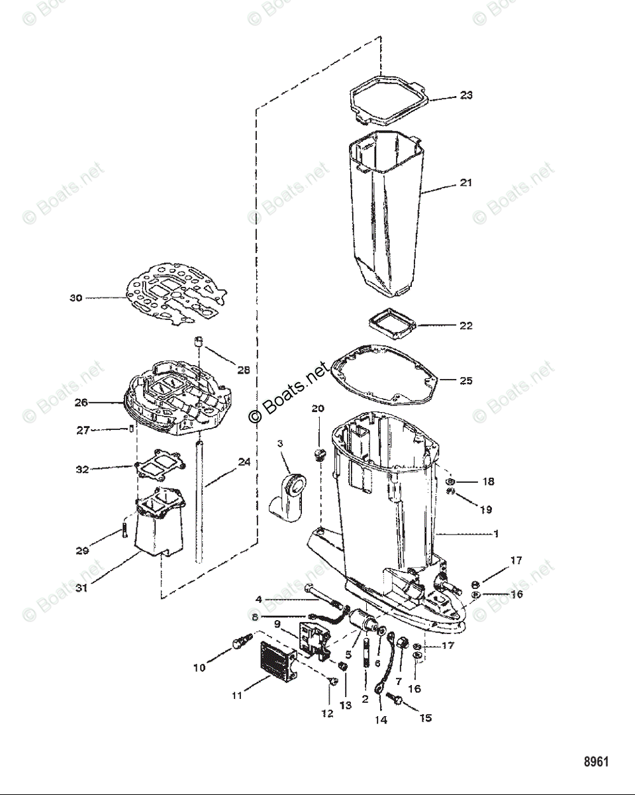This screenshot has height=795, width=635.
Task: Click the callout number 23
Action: tap(466, 95)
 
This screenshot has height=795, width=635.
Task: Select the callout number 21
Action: tap(466, 182)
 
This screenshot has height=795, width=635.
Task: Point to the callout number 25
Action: tap(466, 381)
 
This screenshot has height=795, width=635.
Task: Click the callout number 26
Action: tap(81, 401)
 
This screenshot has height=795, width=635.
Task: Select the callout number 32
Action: tap(81, 470)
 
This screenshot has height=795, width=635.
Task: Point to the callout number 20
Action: tap(318, 409)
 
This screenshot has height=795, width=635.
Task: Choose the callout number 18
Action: tap(488, 482)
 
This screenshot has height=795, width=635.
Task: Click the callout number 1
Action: tap(496, 534)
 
